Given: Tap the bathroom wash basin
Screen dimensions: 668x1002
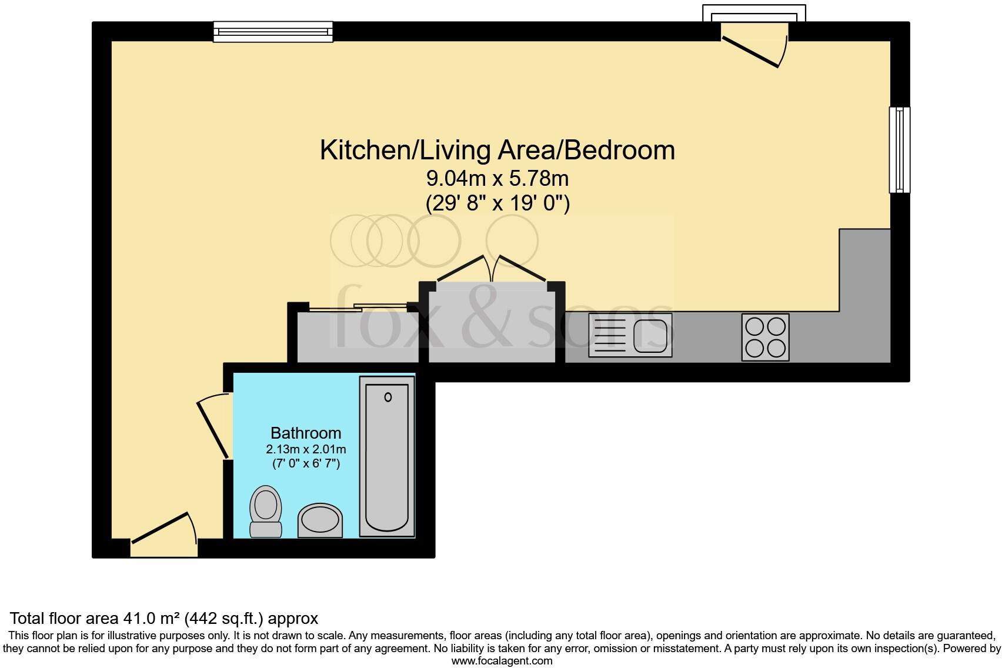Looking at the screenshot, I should [320, 520].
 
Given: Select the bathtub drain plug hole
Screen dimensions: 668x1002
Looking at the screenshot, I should [388, 398].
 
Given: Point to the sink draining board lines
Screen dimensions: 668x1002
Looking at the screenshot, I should [610, 336].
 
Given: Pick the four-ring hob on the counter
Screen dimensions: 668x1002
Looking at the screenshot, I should [765, 338].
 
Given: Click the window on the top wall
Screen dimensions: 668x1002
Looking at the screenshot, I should [273, 31].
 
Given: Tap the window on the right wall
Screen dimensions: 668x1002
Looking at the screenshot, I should [899, 149].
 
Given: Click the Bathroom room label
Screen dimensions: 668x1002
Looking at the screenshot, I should [306, 433].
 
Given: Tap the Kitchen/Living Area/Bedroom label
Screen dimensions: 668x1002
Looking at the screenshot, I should [497, 151].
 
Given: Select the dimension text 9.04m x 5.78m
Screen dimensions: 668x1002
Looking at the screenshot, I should [497, 178].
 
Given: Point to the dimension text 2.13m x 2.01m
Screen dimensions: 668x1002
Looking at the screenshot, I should [306, 450].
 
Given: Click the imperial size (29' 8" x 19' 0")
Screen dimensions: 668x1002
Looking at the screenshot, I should [497, 203].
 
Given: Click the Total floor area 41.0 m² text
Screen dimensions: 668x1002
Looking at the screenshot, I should [164, 618].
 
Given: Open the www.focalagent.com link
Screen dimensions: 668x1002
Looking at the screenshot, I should [502, 661].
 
